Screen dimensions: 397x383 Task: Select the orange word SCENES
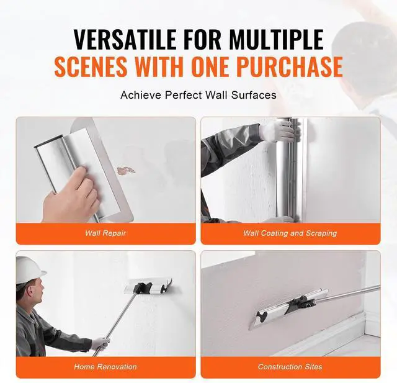(x=91, y=66)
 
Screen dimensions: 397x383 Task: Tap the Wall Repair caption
(x=105, y=233)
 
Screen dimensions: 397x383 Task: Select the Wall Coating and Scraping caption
(x=290, y=233)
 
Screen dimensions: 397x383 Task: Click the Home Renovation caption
(x=105, y=366)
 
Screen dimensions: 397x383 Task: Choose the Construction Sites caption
(x=290, y=366)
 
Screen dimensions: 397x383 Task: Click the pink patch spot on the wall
(x=125, y=171)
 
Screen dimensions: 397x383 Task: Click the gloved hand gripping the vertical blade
(x=279, y=132)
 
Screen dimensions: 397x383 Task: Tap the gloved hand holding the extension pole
(x=100, y=343)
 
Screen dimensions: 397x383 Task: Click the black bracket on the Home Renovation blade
(x=143, y=287)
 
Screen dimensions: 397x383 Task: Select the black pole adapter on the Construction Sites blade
(x=302, y=303)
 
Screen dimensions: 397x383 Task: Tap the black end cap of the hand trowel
(x=48, y=142)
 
